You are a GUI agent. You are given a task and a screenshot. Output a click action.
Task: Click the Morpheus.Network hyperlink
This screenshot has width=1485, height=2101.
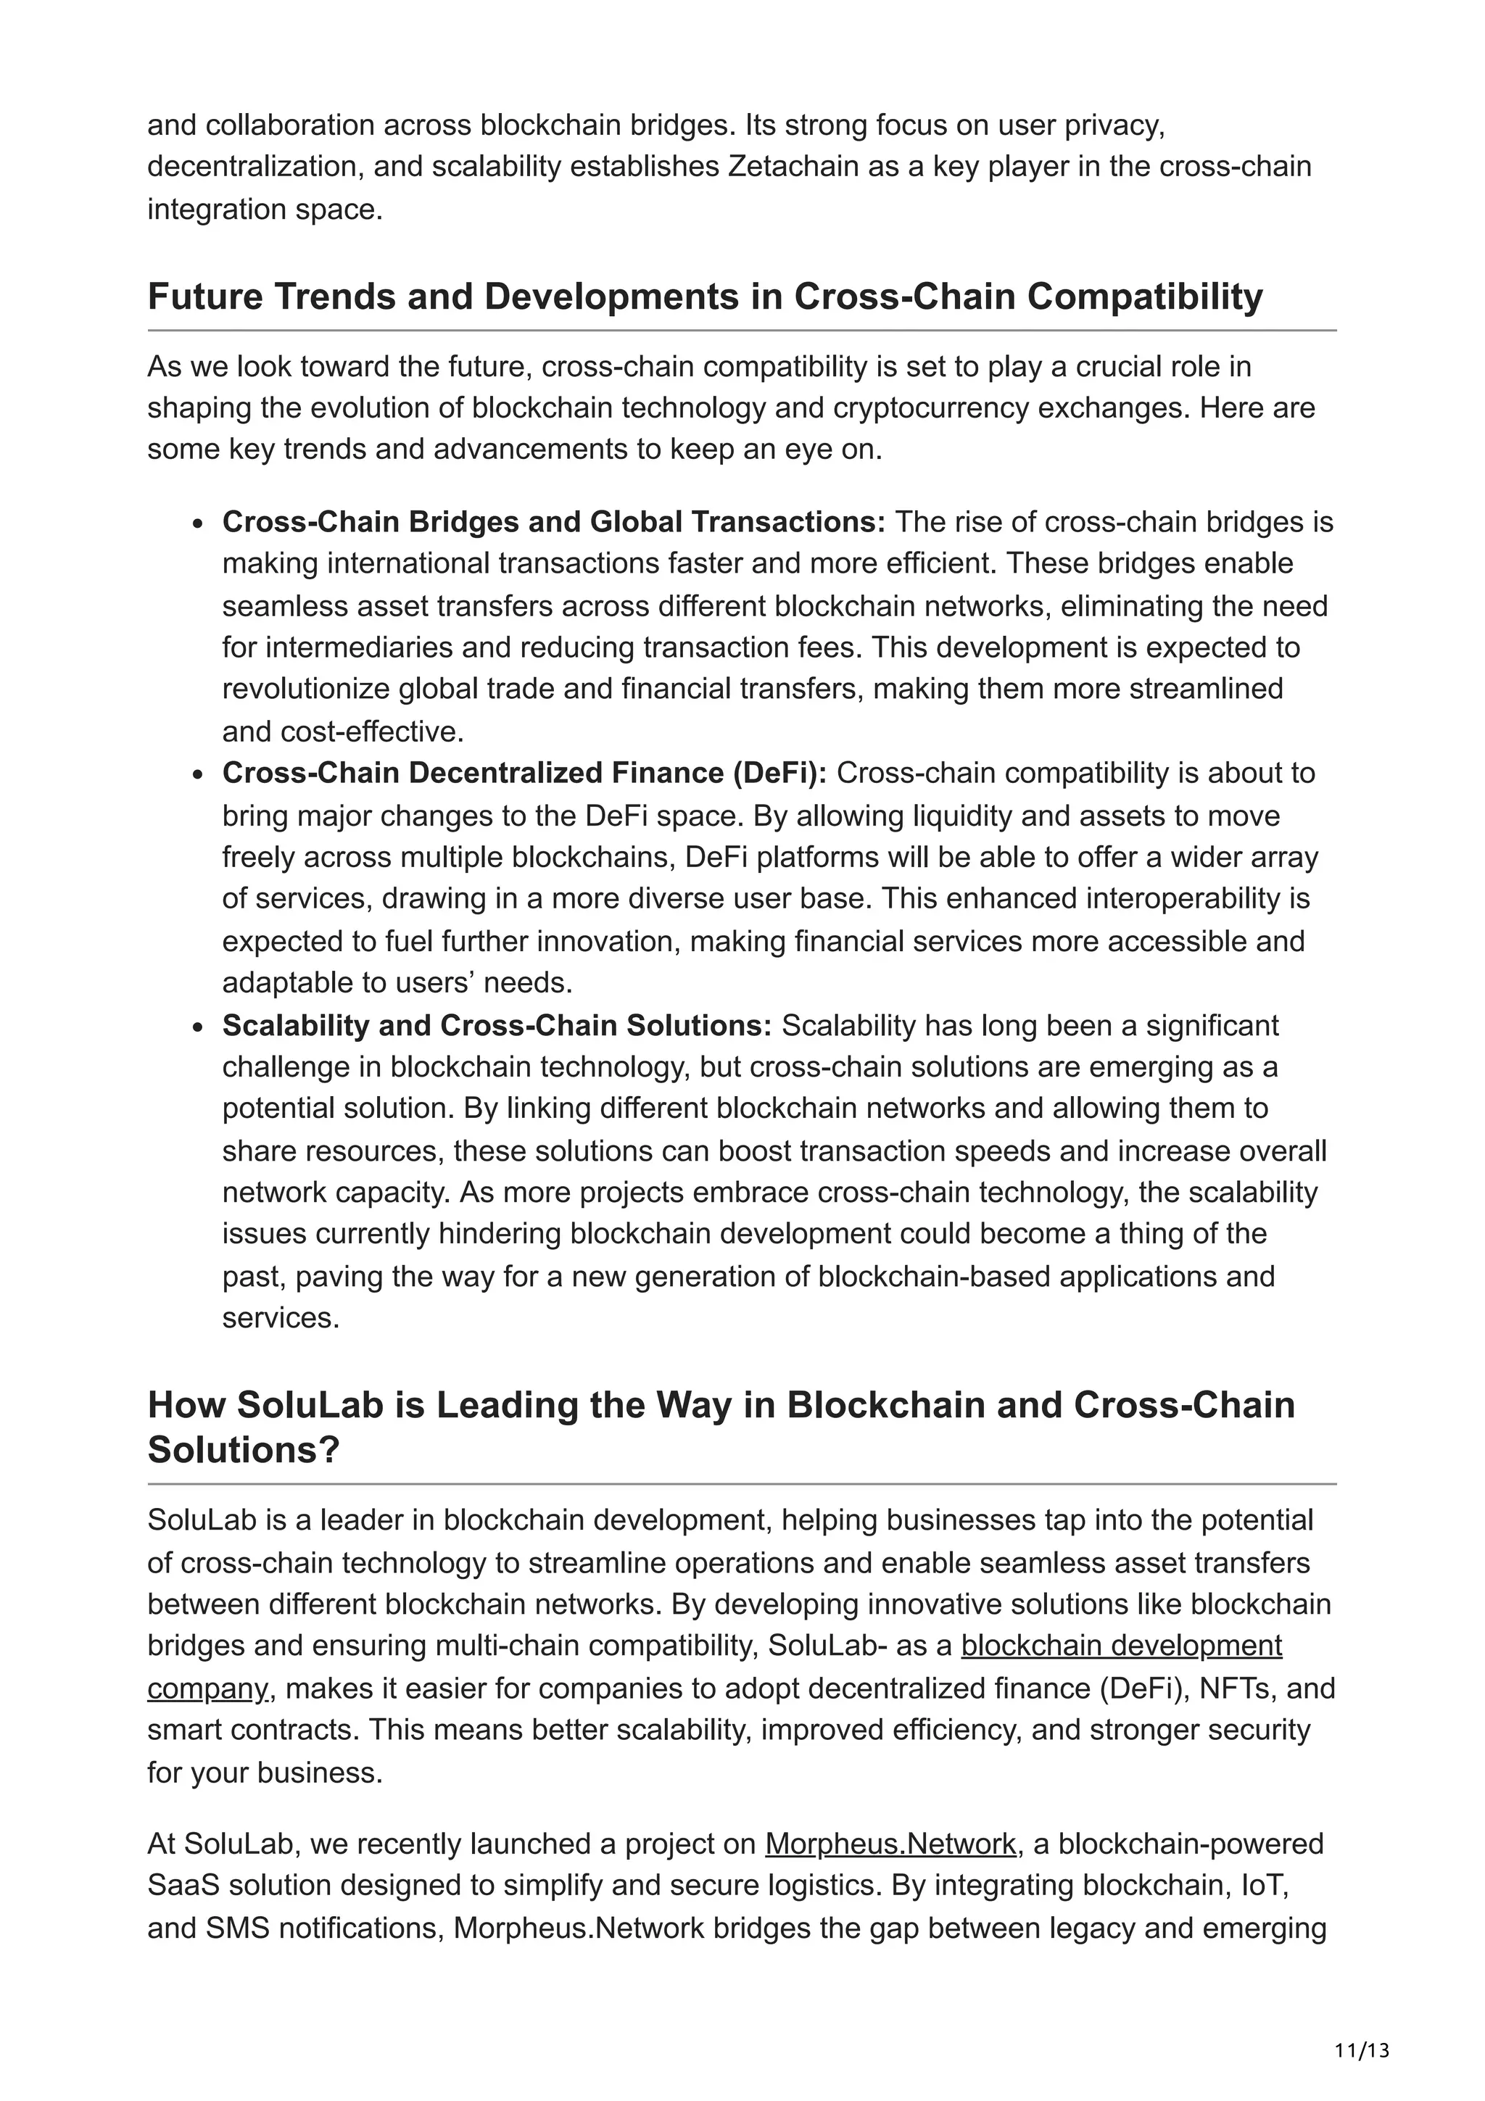pos(890,1844)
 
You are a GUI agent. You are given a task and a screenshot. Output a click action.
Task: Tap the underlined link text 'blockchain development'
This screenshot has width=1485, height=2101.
pos(1121,1645)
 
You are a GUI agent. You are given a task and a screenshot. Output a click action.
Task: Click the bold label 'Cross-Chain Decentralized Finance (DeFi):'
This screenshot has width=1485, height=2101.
pos(524,774)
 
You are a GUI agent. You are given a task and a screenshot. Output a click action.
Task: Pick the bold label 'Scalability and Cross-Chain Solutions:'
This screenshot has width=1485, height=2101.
pos(497,1025)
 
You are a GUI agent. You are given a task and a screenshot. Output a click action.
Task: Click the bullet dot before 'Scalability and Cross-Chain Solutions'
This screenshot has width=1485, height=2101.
pos(198,1027)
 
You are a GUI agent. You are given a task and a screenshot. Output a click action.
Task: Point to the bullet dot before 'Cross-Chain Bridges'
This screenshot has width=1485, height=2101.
pos(198,524)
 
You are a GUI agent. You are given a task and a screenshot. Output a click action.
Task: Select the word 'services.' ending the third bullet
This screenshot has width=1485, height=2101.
pos(280,1318)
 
